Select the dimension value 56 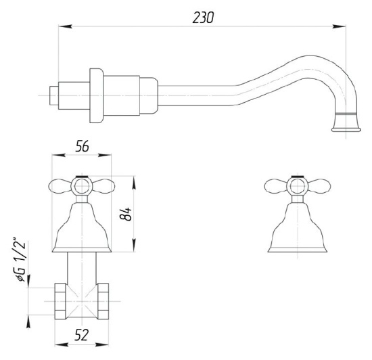click(82, 145)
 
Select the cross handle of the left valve click(82, 187)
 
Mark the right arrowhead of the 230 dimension click(342, 27)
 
